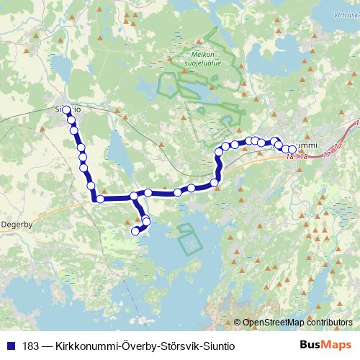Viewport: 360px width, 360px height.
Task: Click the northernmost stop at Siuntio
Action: coord(67,110)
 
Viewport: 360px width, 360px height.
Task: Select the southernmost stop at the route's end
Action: coord(135,231)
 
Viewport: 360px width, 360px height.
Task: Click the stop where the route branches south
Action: coord(134,196)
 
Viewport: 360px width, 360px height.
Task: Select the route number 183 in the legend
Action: coord(32,346)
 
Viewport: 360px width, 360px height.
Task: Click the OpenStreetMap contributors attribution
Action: coord(298,323)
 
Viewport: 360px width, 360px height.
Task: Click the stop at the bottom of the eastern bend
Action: coord(215,183)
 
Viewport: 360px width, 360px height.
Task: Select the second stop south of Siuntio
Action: coord(75,130)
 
